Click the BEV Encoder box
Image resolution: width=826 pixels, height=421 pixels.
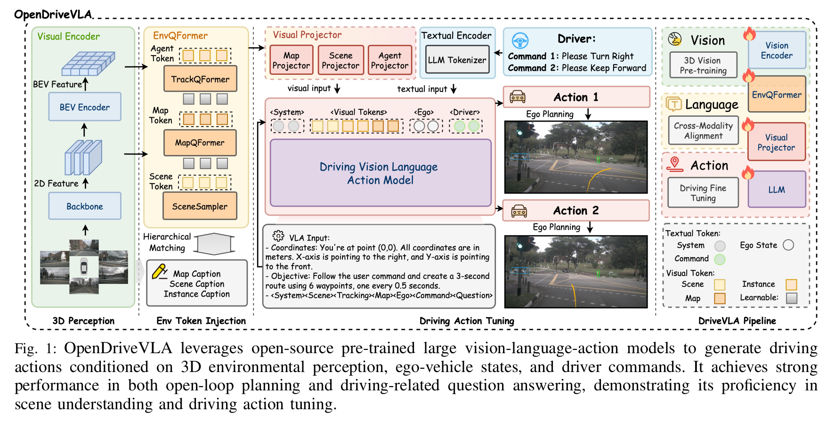(x=85, y=107)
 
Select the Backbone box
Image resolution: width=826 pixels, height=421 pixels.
(x=85, y=206)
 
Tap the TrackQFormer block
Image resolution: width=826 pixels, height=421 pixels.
(x=200, y=79)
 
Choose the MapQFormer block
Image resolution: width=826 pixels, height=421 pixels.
(x=200, y=143)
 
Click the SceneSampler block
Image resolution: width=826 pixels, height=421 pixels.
(x=200, y=206)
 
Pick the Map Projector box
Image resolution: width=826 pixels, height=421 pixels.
(x=291, y=61)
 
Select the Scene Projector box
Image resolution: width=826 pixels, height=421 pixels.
(x=340, y=61)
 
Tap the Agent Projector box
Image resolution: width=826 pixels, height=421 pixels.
(x=389, y=61)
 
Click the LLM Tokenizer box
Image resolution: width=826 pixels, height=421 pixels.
(x=457, y=60)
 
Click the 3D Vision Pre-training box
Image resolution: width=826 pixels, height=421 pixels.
(x=703, y=65)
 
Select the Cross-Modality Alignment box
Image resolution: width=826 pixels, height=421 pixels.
(x=703, y=130)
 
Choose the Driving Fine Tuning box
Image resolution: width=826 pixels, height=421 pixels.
(x=703, y=193)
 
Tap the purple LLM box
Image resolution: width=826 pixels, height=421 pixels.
(x=777, y=190)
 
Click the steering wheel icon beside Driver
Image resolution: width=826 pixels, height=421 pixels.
(x=520, y=41)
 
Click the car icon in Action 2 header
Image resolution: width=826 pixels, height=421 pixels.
(x=519, y=210)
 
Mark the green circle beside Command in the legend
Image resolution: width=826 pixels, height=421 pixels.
(x=720, y=259)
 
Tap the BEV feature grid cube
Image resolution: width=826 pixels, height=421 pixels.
(x=89, y=64)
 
